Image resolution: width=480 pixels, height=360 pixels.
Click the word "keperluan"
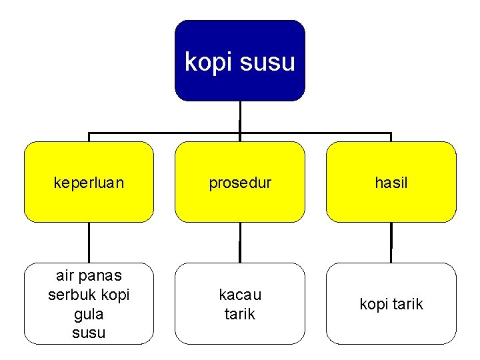click(89, 183)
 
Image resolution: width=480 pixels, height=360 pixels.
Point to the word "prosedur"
click(240, 183)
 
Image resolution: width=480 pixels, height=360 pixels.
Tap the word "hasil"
click(391, 183)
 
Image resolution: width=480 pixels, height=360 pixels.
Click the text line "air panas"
click(89, 275)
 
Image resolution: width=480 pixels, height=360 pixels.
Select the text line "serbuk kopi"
click(89, 294)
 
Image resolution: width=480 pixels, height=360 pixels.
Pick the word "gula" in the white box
click(89, 313)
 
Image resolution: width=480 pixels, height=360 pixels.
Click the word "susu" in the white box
click(89, 332)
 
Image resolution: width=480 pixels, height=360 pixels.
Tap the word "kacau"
click(240, 295)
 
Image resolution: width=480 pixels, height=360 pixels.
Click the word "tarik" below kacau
click(240, 314)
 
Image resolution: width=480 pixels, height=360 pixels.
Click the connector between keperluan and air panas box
click(89, 242)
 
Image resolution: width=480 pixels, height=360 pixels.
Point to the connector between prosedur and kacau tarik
click(240, 242)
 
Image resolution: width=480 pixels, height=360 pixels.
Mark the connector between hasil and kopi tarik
click(391, 242)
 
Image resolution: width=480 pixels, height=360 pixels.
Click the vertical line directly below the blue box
click(240, 116)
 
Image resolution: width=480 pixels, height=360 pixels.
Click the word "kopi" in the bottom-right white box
click(374, 305)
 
